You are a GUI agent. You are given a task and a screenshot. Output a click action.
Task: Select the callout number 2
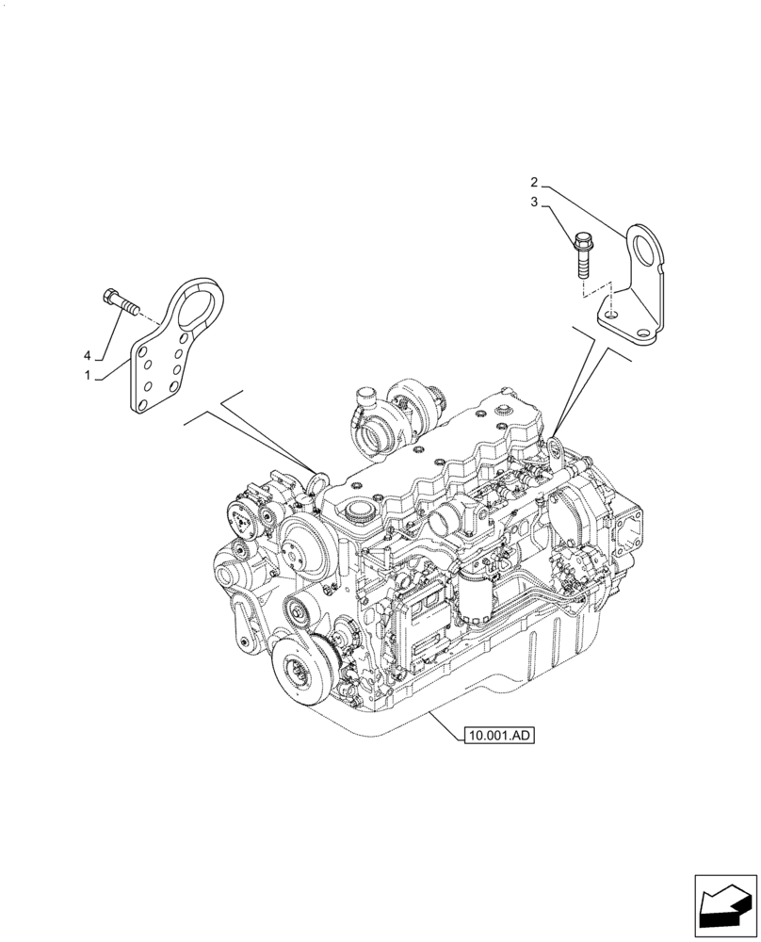533,181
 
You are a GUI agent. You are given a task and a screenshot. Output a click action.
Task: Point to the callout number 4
88,355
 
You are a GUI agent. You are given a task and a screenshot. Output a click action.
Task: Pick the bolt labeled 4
119,303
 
